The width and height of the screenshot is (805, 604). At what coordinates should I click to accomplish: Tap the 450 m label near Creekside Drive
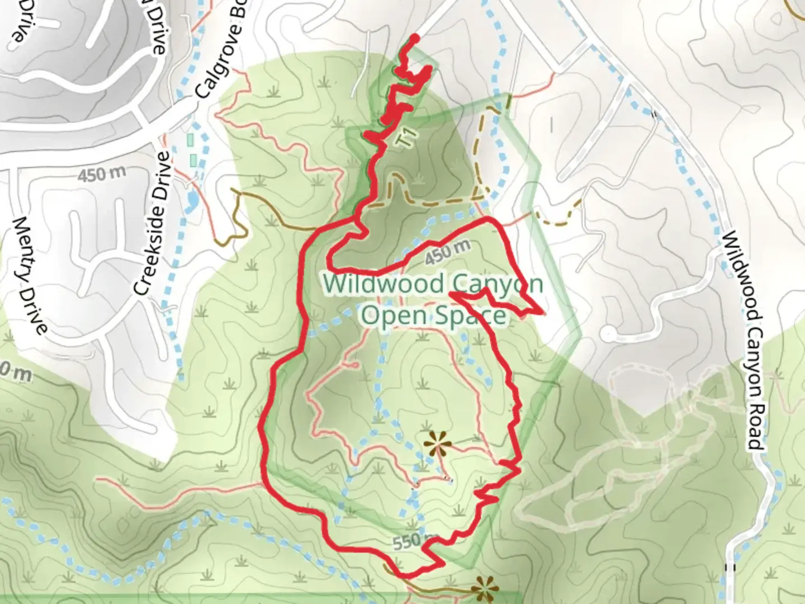(101, 175)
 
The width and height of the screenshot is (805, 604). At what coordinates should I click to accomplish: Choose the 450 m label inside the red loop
(447, 253)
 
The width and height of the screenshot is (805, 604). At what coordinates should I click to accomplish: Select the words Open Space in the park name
(433, 315)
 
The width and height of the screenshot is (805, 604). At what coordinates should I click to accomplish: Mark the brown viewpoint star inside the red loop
(437, 445)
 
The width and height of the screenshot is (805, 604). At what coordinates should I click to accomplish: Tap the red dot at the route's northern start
(415, 38)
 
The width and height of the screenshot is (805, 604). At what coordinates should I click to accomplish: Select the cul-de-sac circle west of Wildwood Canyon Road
(608, 334)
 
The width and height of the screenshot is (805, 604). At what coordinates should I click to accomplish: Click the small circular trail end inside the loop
(354, 365)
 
